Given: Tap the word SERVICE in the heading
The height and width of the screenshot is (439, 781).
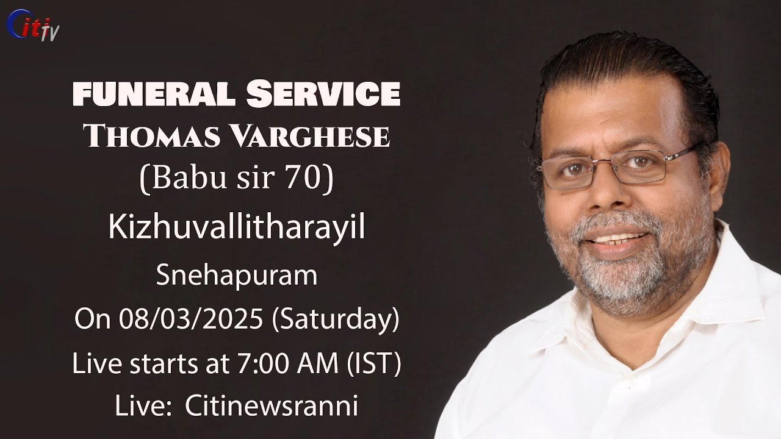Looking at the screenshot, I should tap(323, 95).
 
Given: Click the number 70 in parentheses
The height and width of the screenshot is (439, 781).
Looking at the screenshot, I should tap(305, 180).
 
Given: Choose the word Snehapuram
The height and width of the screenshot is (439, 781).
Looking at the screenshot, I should tap(236, 276).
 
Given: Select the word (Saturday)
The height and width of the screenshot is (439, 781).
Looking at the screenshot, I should tap(336, 320).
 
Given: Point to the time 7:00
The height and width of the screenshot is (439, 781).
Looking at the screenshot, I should tap(256, 364).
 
